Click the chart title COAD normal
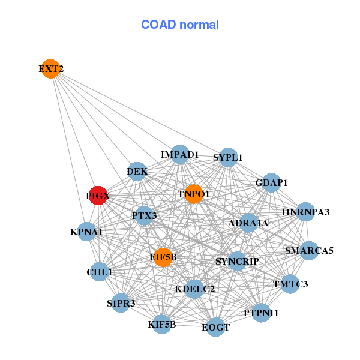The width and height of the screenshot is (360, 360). [x=180, y=25]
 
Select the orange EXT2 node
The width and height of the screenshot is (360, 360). [x=51, y=69]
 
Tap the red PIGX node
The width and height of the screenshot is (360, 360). [x=98, y=196]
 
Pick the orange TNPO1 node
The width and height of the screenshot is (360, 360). [x=194, y=194]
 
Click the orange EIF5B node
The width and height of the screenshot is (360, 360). [x=163, y=257]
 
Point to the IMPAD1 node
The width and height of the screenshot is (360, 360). [x=180, y=155]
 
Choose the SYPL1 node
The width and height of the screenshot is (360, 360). [x=228, y=158]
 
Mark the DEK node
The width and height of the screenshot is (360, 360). [x=137, y=172]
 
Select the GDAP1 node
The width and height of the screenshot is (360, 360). [x=272, y=182]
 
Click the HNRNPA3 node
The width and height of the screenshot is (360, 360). [x=306, y=212]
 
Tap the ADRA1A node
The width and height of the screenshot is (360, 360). [x=248, y=223]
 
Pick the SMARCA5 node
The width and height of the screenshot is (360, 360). [x=309, y=250]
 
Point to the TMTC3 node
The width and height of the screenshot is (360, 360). [x=290, y=284]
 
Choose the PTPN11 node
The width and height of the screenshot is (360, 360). [x=261, y=313]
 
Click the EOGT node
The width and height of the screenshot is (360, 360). [x=215, y=327]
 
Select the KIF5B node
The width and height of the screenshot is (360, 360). [x=162, y=325]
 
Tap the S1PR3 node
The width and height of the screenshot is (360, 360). [x=121, y=303]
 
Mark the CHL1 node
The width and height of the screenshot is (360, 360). [x=100, y=272]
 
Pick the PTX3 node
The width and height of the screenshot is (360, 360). [x=144, y=215]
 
